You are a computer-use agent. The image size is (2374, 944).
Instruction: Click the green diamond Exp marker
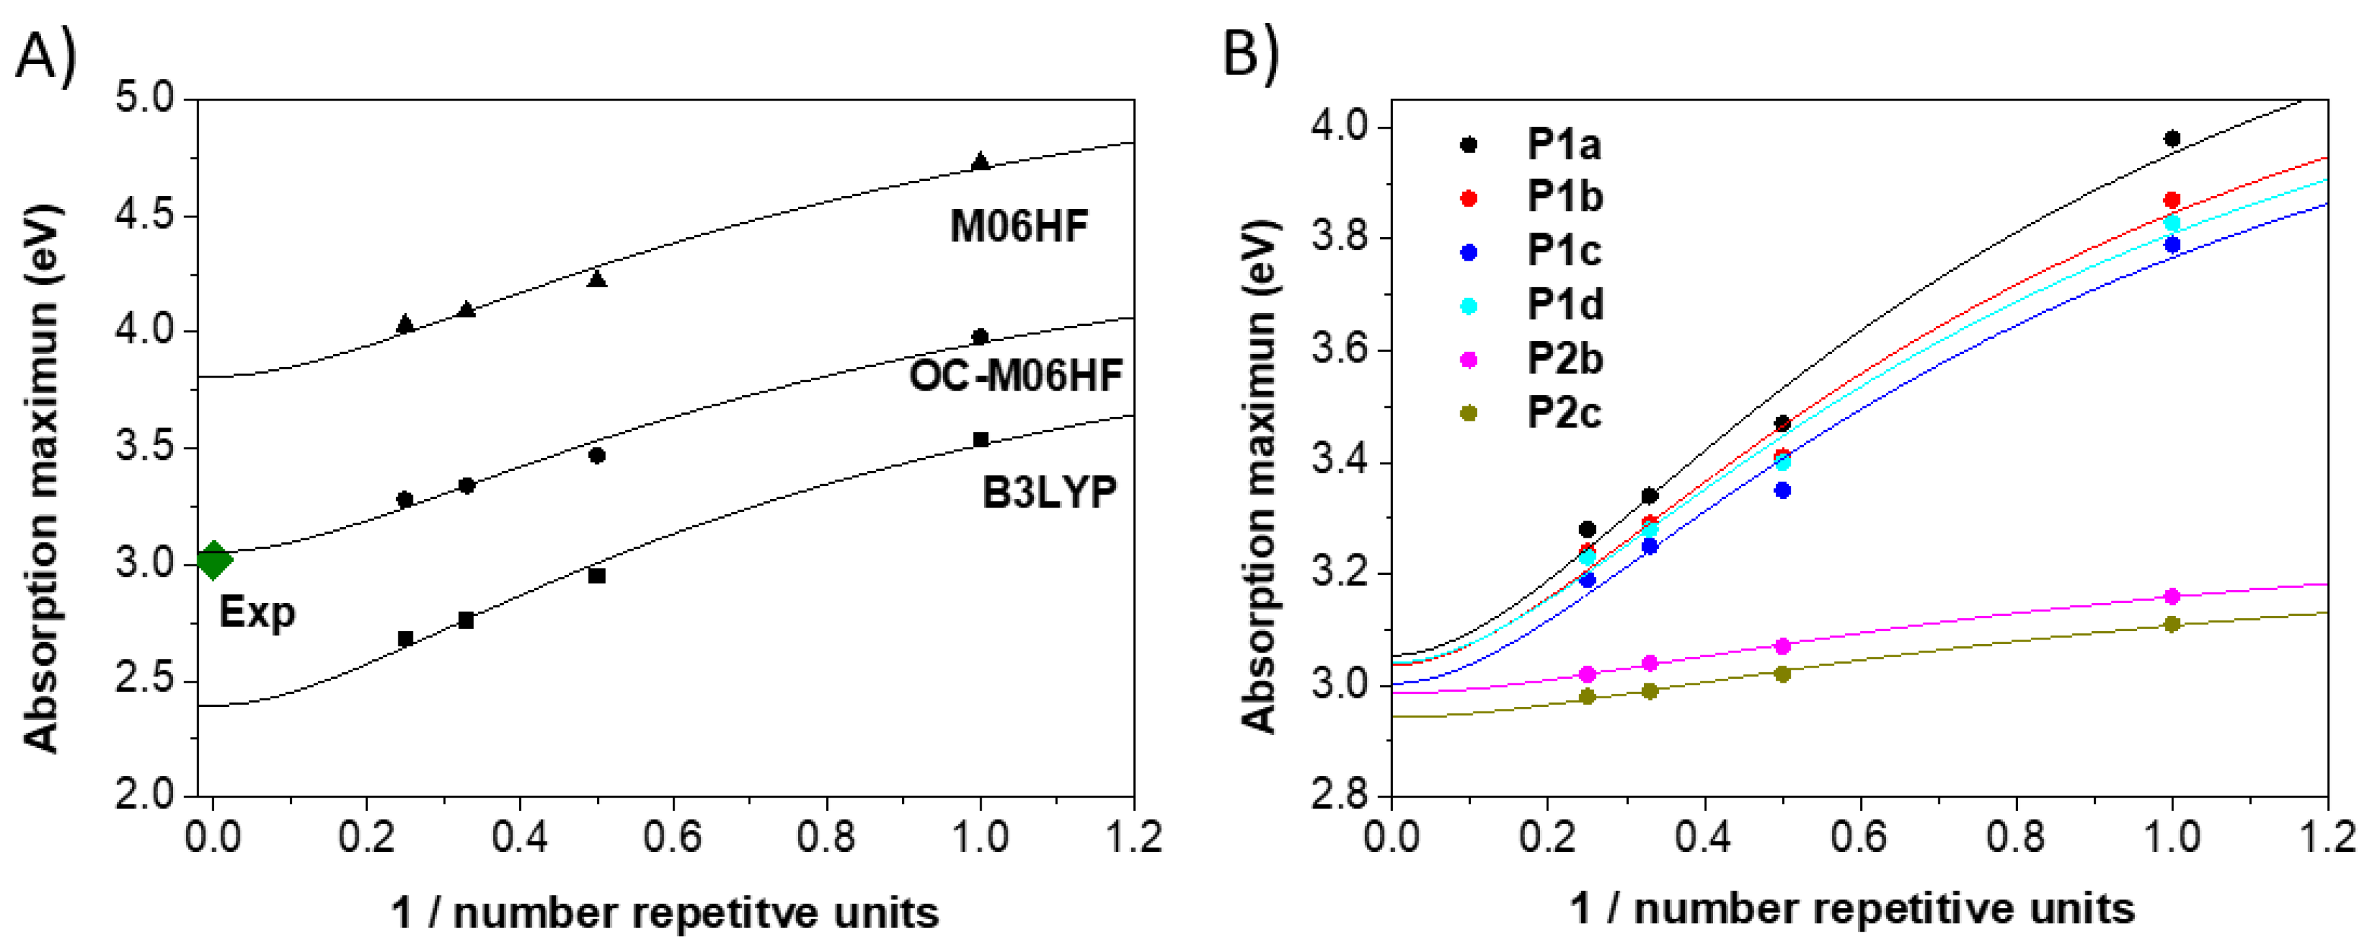click(214, 560)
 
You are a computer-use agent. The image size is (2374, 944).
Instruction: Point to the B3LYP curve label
click(1049, 493)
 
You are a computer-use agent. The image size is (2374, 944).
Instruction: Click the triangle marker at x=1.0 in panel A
click(980, 161)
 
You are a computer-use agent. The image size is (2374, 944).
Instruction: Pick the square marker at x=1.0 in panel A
click(980, 440)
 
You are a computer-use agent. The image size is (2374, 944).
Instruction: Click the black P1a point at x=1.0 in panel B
click(2172, 139)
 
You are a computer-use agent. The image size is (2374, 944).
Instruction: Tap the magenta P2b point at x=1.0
click(2172, 596)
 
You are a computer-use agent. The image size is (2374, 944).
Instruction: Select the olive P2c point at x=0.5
click(1782, 674)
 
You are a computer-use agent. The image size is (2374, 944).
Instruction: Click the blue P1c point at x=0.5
click(1782, 491)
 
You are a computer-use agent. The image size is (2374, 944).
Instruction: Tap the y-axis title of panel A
click(40, 478)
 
